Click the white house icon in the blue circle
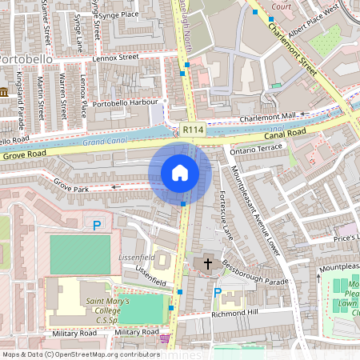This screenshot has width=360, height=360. tap(180, 173)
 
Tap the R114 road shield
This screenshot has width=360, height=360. tap(192, 130)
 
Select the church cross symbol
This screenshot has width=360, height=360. tap(209, 263)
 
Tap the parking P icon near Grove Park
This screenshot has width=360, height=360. tap(98, 226)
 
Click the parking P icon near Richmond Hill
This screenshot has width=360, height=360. tap(217, 294)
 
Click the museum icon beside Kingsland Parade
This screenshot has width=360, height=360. tap(5, 94)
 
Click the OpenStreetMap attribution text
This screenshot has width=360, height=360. tap(80, 354)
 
